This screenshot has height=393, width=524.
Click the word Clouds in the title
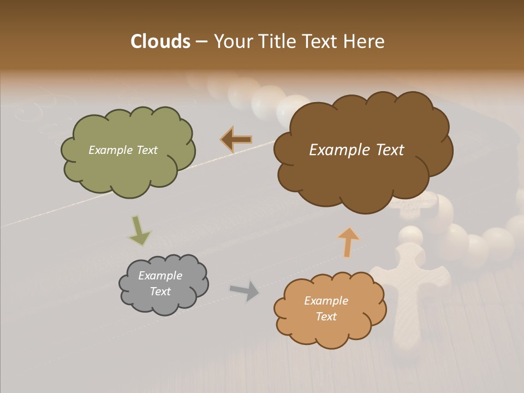click(160, 41)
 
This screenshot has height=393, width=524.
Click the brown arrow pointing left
click(236, 140)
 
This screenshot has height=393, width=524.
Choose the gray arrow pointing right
click(244, 290)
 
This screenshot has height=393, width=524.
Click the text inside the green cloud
click(123, 150)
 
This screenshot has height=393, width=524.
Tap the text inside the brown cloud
click(356, 150)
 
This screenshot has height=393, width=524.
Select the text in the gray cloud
click(160, 283)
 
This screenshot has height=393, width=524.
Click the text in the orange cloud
click(326, 308)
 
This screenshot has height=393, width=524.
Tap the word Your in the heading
click(232, 41)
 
